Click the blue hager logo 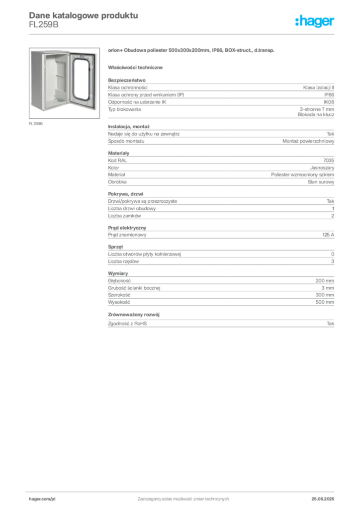click(316, 21)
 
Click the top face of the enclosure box click(50, 50)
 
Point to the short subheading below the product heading click(137, 67)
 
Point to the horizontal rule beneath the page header click(183, 34)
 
